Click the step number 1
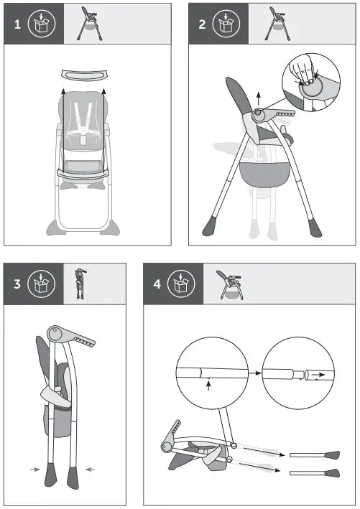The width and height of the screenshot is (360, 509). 18,24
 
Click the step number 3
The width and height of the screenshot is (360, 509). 17,283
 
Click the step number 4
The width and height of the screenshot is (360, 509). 157,283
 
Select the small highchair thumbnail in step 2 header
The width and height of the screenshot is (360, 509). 275,23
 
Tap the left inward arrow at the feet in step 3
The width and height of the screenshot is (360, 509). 34,470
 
